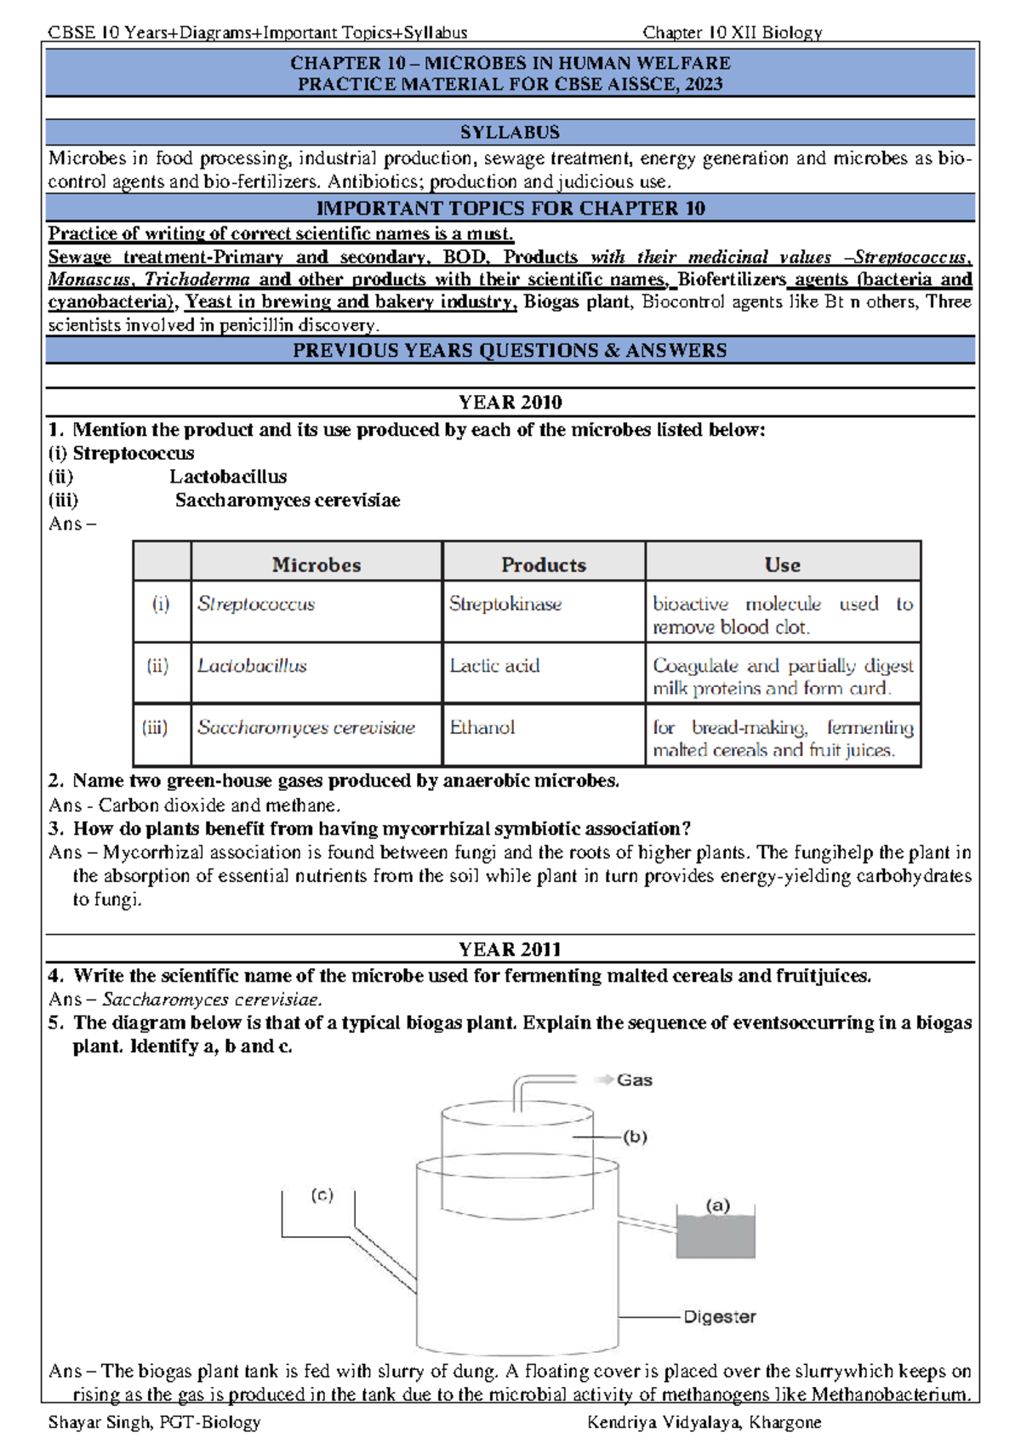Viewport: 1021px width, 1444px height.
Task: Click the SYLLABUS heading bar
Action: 510,132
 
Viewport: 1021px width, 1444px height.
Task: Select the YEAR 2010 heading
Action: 510,402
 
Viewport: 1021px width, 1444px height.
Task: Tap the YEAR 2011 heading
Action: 510,949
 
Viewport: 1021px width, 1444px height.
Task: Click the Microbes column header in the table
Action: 317,564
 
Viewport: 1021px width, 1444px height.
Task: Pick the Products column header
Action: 543,564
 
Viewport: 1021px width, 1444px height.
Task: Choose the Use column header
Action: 782,564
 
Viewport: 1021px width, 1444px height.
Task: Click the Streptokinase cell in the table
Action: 505,605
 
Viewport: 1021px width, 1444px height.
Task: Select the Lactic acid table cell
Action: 494,666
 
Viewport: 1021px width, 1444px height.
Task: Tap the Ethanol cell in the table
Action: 482,728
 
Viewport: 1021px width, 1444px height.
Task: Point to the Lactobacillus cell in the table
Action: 252,666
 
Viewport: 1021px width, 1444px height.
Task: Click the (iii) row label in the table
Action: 155,728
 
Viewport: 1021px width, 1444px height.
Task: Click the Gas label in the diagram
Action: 634,1080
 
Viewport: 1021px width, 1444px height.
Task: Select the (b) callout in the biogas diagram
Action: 635,1137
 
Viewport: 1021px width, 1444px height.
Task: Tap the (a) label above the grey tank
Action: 717,1205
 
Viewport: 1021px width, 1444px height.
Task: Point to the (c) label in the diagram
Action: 322,1195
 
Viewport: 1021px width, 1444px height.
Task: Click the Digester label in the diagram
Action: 719,1317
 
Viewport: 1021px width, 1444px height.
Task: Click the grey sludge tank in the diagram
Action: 716,1237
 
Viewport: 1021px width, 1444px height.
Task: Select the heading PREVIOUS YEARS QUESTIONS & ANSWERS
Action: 510,351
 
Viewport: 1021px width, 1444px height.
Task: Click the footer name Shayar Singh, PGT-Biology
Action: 155,1422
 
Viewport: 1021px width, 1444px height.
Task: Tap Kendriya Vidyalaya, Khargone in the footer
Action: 704,1422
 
